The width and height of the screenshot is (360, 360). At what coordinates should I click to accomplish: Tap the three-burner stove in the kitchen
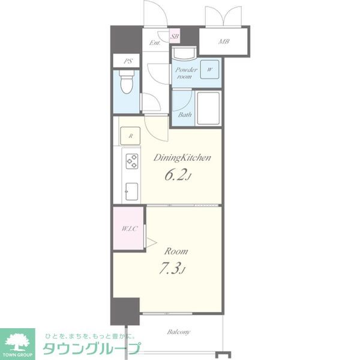click(x=132, y=161)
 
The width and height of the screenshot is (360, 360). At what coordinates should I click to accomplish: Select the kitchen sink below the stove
click(x=131, y=191)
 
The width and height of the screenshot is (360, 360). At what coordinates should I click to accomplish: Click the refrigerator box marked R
click(x=130, y=136)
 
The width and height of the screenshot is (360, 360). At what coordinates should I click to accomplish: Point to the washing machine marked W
click(x=209, y=70)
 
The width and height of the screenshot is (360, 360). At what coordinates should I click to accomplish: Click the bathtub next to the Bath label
click(x=208, y=109)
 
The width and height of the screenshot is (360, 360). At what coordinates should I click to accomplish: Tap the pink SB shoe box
click(x=175, y=36)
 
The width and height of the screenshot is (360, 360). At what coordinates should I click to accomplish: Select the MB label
click(x=224, y=41)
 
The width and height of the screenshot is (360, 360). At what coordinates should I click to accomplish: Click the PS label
click(x=128, y=61)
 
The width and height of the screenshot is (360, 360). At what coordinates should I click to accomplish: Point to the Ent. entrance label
click(x=155, y=43)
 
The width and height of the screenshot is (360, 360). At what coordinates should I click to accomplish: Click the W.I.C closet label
click(x=129, y=229)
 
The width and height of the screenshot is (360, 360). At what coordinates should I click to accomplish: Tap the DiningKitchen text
click(x=182, y=158)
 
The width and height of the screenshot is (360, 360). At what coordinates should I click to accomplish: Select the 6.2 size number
click(x=175, y=176)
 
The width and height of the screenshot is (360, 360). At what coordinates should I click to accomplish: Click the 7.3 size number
click(x=169, y=269)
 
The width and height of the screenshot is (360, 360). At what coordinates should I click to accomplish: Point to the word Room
click(x=176, y=251)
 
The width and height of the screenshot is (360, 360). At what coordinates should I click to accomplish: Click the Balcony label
click(x=179, y=332)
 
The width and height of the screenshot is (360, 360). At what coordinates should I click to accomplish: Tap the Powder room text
click(x=186, y=73)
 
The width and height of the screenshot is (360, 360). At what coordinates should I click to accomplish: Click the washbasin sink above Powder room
click(x=184, y=53)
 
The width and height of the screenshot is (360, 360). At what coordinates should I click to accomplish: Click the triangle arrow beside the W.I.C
click(x=151, y=242)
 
